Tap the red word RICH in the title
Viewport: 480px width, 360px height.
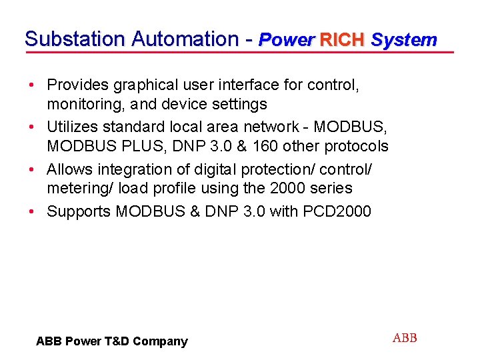(x=342, y=40)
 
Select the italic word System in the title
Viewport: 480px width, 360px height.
(x=404, y=40)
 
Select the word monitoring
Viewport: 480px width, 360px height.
(x=82, y=104)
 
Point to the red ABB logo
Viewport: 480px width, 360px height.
(x=405, y=338)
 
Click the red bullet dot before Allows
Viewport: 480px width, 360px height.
(x=31, y=169)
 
